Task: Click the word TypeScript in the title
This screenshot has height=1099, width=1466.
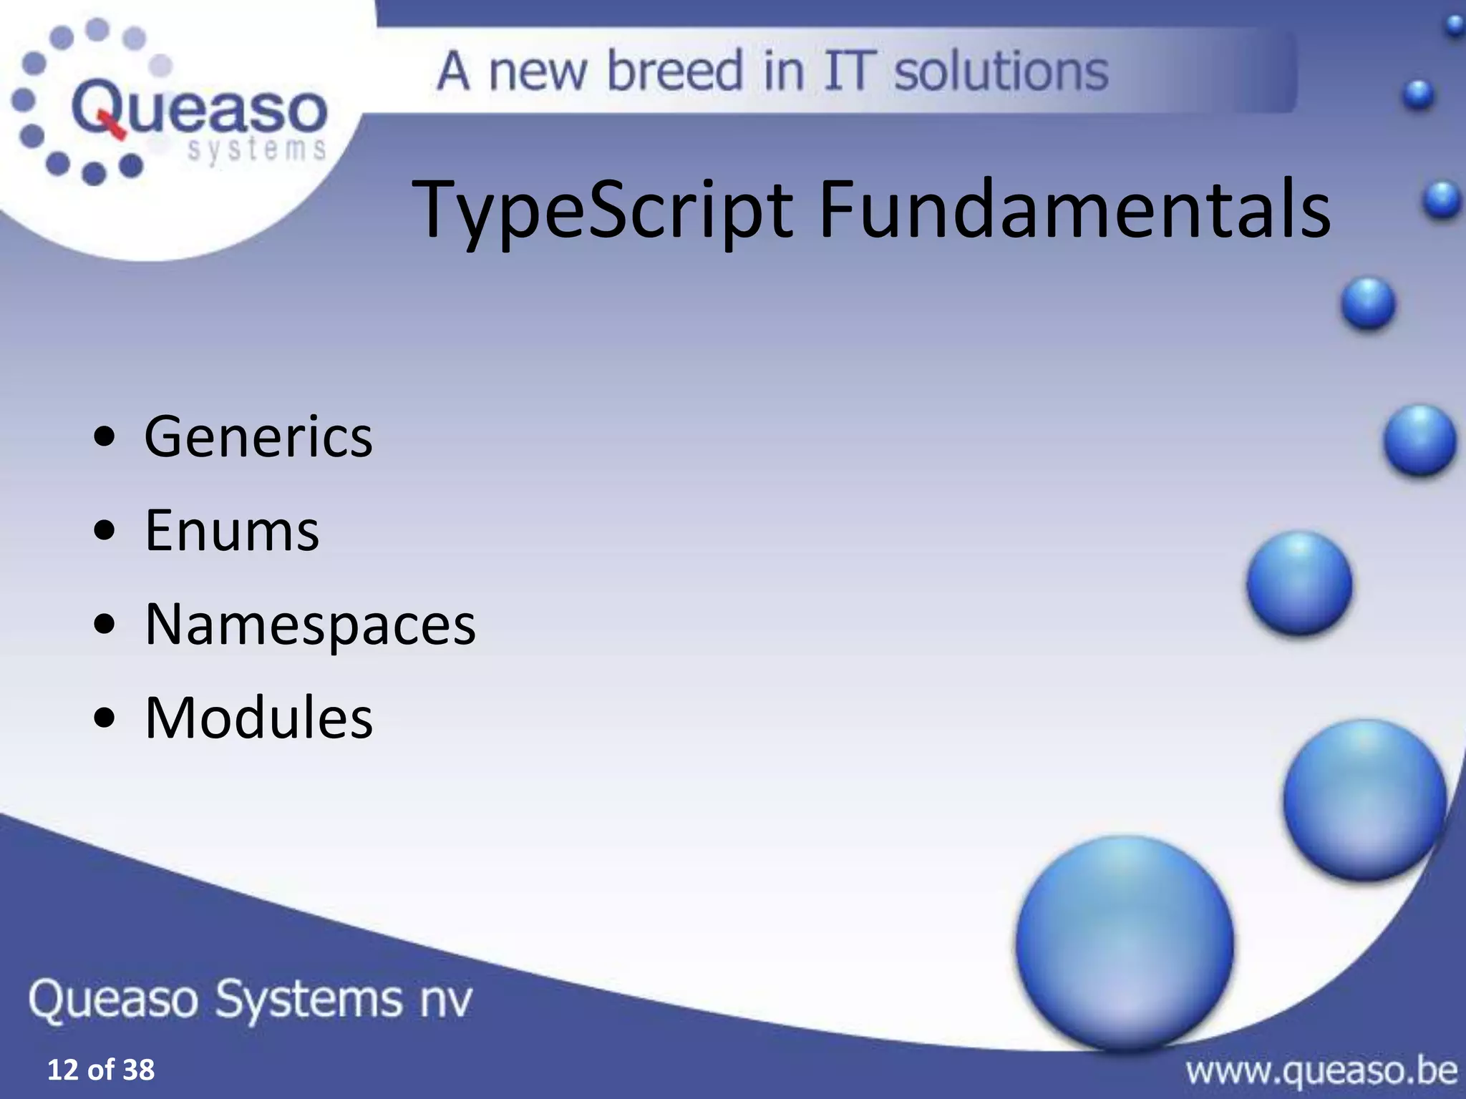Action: tap(603, 209)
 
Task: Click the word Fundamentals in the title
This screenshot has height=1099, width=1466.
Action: tap(1074, 209)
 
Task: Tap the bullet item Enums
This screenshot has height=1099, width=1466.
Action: tap(232, 531)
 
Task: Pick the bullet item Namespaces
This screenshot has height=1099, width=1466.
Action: tap(310, 625)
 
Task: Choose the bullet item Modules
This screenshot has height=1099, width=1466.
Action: tap(258, 718)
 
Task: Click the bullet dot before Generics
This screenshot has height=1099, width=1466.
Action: tap(105, 438)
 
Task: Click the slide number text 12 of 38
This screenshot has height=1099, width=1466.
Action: tap(100, 1070)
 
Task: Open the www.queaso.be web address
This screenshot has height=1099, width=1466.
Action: tap(1321, 1070)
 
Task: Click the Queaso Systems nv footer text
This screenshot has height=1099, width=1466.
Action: tap(251, 999)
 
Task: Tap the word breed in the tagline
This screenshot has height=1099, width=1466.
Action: tap(674, 71)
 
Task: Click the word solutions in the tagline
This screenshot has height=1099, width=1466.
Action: tap(1001, 71)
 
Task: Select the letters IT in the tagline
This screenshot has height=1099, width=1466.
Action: tap(849, 71)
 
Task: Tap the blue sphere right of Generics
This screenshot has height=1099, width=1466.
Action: tap(1419, 440)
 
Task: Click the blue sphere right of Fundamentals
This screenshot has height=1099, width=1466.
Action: tap(1441, 200)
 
